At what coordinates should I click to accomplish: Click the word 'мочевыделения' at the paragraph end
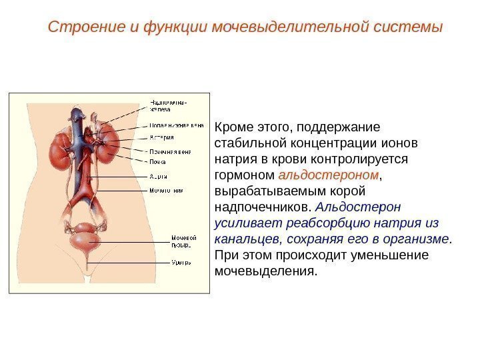(x=263, y=271)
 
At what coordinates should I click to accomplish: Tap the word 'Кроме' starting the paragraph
(x=231, y=127)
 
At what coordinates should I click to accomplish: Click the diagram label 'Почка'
(x=157, y=161)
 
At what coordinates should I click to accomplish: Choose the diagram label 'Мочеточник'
(x=165, y=190)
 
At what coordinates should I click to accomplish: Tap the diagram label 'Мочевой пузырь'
(x=183, y=241)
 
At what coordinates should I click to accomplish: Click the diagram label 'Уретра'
(x=181, y=262)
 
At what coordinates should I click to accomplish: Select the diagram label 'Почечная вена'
(x=169, y=151)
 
